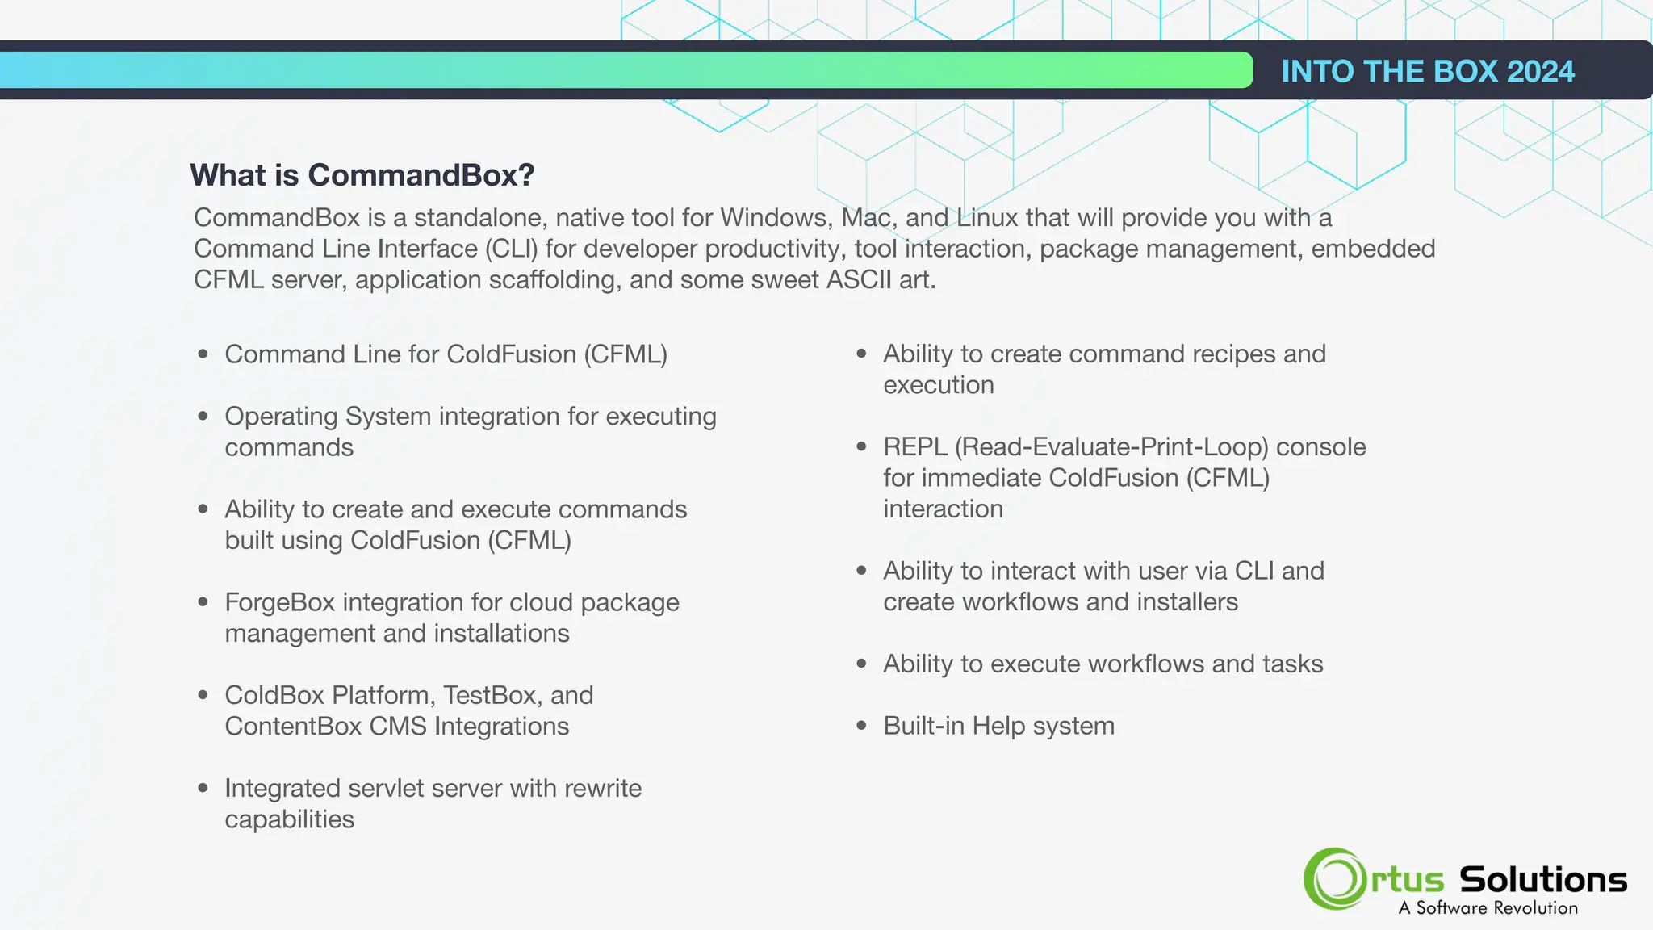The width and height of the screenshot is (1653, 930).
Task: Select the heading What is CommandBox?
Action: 362,175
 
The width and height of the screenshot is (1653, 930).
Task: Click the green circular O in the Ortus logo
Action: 1334,879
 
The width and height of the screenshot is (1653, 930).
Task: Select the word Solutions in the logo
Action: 1543,879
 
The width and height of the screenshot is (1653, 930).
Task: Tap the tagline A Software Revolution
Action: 1488,908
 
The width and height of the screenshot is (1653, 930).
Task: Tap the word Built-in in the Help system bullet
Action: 923,726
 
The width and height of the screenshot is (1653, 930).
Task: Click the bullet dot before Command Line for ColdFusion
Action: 203,354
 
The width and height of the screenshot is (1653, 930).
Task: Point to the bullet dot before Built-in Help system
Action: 861,726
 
